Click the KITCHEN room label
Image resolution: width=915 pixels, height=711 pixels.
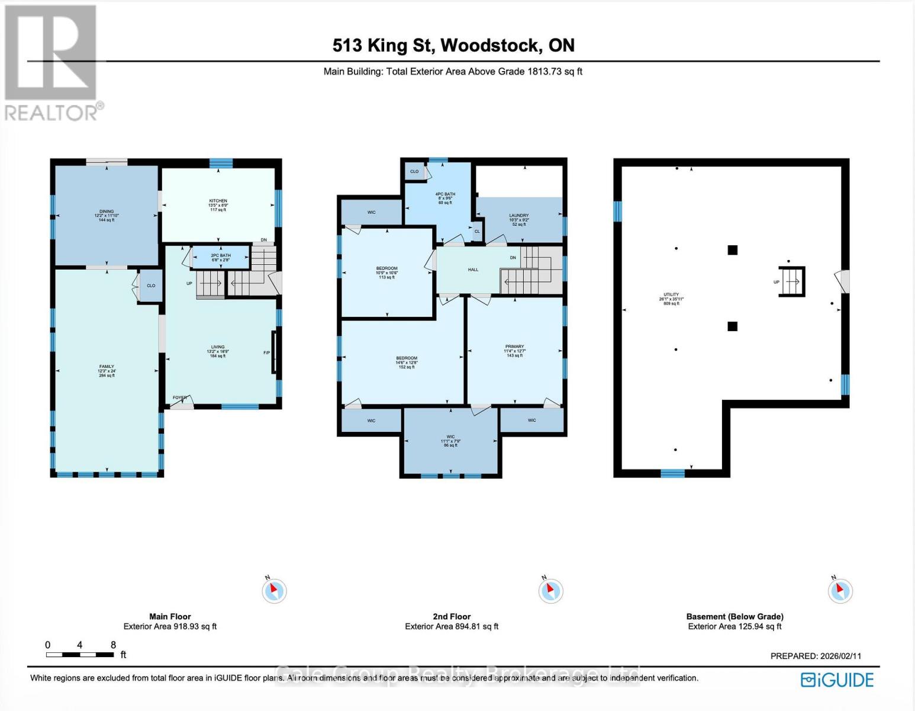point(218,201)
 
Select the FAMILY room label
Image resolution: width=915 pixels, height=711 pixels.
point(107,367)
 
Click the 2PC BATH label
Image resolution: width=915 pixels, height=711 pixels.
point(221,256)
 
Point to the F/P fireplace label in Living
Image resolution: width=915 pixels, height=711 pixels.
point(267,353)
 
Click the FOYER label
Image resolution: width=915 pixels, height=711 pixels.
point(179,398)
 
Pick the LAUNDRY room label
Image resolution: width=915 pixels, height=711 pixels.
point(518,216)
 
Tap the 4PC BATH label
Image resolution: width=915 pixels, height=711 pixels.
point(444,194)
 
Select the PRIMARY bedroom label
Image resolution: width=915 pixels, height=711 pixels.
point(514,347)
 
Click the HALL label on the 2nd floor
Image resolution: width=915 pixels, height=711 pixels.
point(473,270)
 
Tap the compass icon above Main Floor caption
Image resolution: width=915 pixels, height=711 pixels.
point(274,590)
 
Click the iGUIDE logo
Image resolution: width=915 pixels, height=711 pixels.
point(837,680)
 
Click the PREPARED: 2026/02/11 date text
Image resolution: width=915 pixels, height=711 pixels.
point(816,656)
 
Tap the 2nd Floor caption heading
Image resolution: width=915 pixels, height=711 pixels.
point(452,616)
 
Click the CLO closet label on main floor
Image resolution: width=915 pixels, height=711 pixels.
point(151,286)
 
